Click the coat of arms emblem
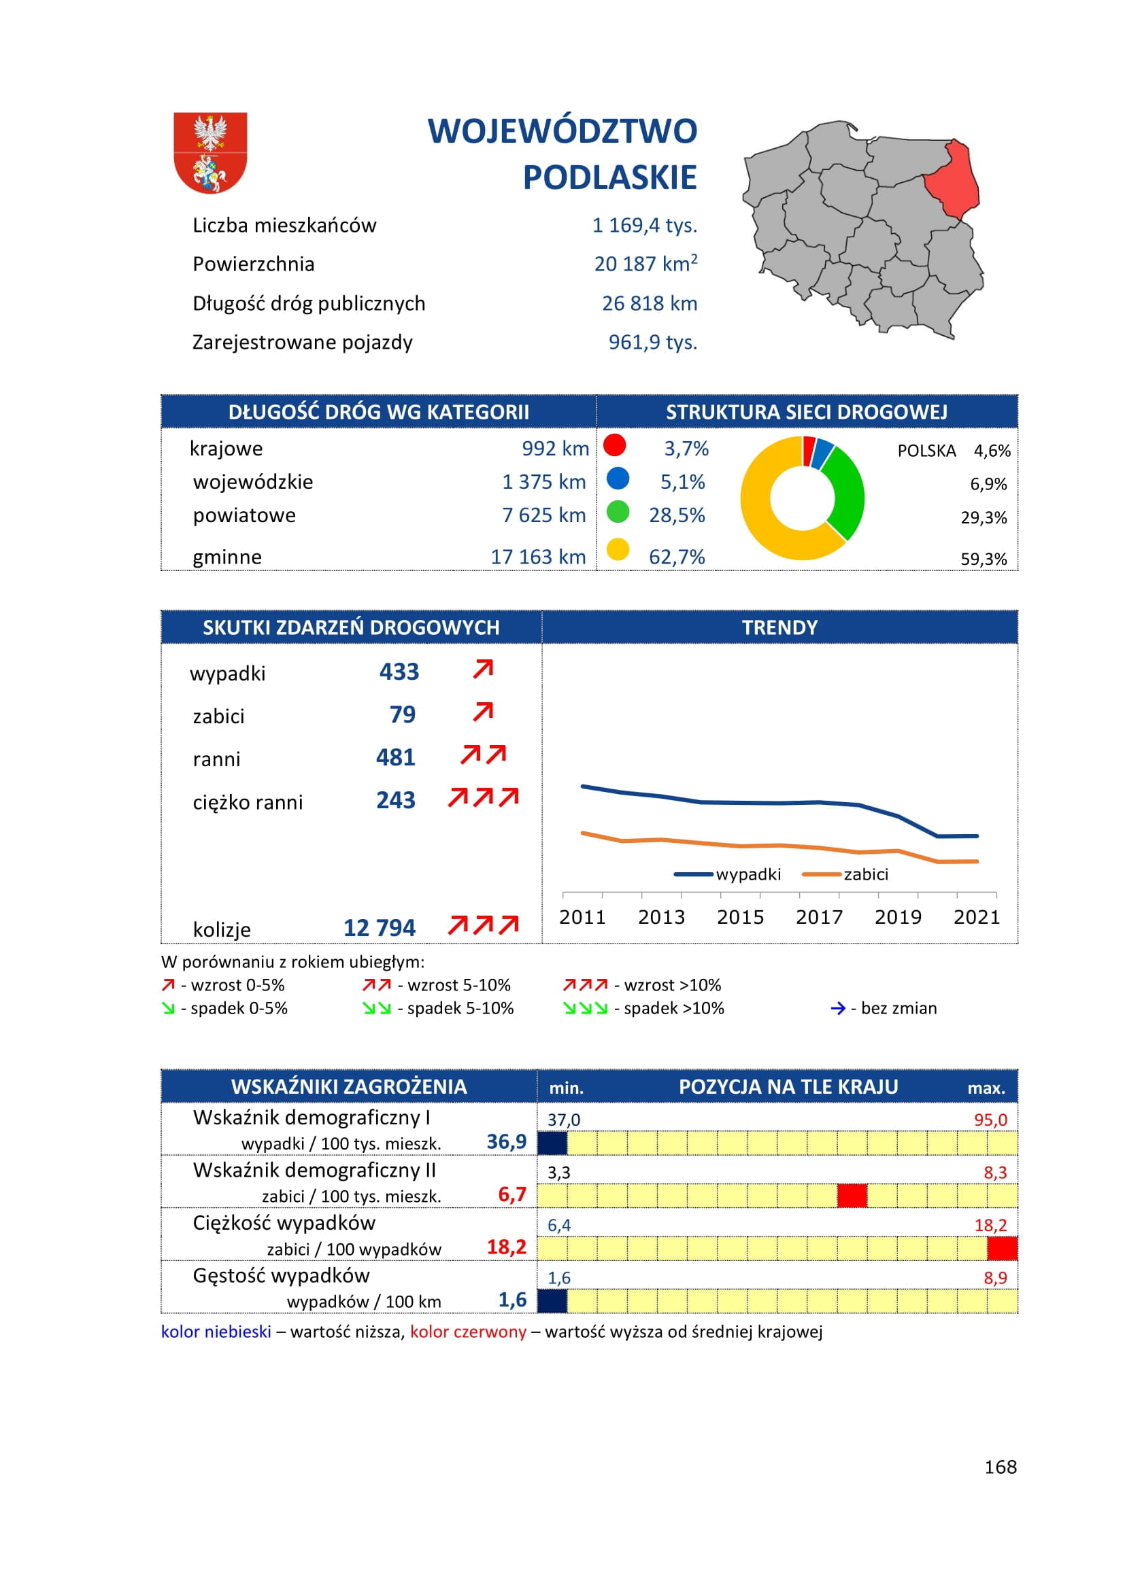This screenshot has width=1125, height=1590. (210, 153)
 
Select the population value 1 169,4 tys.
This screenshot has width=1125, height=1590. (644, 225)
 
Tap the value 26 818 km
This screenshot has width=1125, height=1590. (649, 303)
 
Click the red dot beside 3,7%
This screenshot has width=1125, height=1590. (614, 445)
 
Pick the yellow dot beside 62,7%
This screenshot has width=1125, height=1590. (617, 549)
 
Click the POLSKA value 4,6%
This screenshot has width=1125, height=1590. (992, 451)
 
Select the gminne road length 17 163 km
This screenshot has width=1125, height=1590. (538, 557)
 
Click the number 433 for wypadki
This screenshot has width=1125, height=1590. (399, 672)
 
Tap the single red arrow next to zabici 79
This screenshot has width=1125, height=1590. (483, 711)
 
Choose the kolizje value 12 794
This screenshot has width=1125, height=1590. (380, 928)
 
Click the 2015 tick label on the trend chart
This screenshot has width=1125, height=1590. (740, 917)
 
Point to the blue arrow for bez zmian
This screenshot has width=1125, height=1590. (837, 1008)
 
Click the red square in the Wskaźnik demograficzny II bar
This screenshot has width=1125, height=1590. (852, 1195)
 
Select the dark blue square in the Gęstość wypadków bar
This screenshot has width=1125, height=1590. (552, 1300)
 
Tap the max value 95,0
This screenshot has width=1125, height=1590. (990, 1120)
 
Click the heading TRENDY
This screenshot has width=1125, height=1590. (779, 627)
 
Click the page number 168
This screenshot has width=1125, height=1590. (1001, 1467)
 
